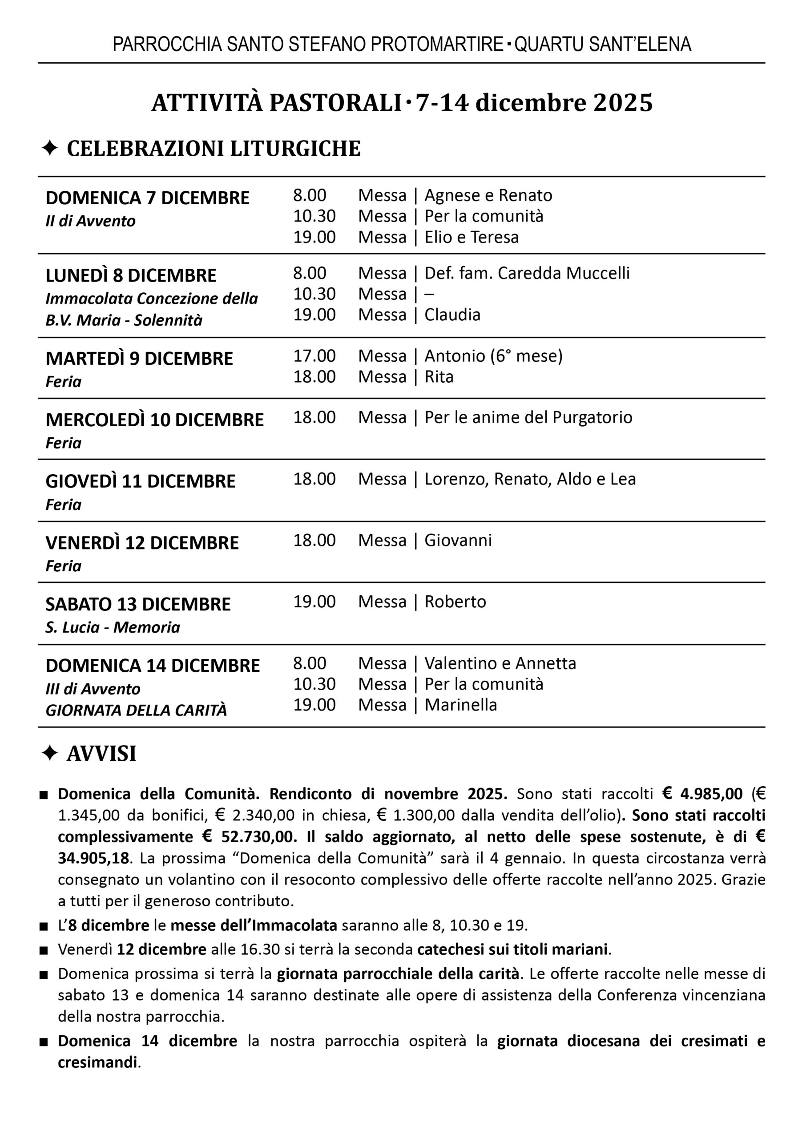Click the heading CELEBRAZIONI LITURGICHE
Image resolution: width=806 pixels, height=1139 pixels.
[x=214, y=149]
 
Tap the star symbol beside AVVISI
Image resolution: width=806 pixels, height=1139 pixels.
[x=50, y=753]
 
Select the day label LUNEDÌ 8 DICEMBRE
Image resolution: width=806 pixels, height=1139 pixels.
[x=131, y=275]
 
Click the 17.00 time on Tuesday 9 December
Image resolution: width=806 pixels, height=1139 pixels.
[x=314, y=356]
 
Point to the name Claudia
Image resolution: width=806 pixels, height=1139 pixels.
[x=452, y=315]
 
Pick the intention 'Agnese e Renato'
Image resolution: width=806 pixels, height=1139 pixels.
[x=488, y=195]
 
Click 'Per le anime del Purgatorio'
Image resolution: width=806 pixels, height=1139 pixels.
[x=528, y=417]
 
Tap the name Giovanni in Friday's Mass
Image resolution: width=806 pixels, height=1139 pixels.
[x=458, y=540]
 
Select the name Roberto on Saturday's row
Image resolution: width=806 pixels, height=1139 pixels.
[x=455, y=602]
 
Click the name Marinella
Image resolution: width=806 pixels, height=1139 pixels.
[x=460, y=705]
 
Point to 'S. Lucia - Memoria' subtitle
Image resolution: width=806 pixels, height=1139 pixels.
[x=113, y=627]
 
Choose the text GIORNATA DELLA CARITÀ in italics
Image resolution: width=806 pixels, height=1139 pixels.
[x=136, y=710]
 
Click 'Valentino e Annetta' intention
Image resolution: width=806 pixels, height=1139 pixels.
[x=500, y=663]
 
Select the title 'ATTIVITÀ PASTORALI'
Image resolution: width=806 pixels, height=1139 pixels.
[x=276, y=103]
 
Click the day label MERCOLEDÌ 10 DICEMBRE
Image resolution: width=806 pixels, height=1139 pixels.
[x=154, y=420]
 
